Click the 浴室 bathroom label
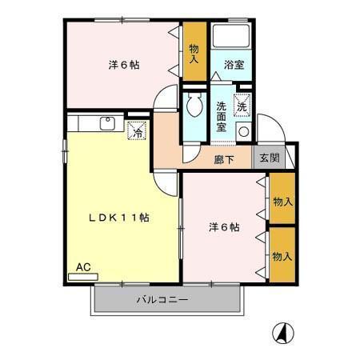pos(234,63)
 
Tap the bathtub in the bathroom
pos(231,38)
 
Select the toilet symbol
pos(192,106)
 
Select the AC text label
pos(82,266)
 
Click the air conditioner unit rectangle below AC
pos(82,276)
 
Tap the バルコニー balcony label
pos(161,301)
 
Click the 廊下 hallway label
pos(224,159)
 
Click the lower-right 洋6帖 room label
pos(223,227)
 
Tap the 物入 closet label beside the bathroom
pos(194,54)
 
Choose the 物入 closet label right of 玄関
pos(282,200)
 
